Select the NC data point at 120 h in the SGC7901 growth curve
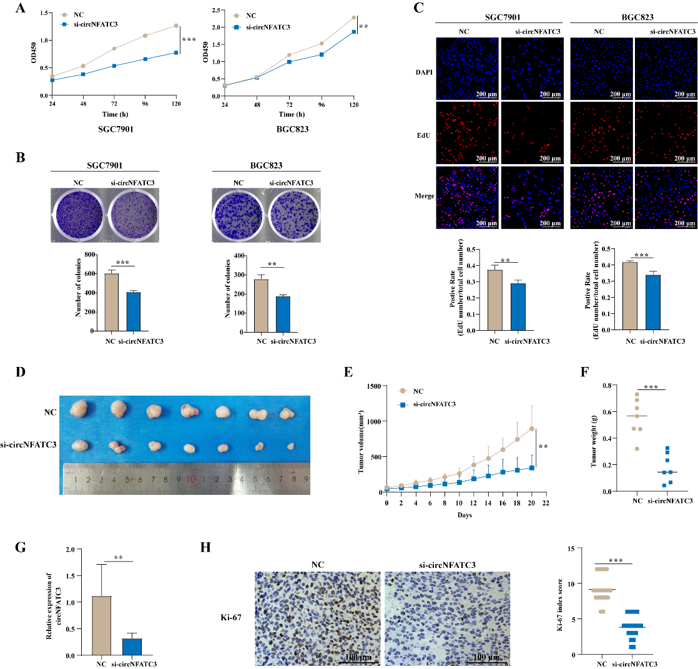click(x=177, y=26)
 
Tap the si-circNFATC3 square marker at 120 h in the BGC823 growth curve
click(x=353, y=32)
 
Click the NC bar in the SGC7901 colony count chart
click(x=112, y=302)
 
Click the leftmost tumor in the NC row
click(x=80, y=410)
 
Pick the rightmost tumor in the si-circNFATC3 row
click(x=290, y=447)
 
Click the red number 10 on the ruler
click(x=191, y=479)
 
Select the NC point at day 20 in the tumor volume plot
click(x=532, y=429)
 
